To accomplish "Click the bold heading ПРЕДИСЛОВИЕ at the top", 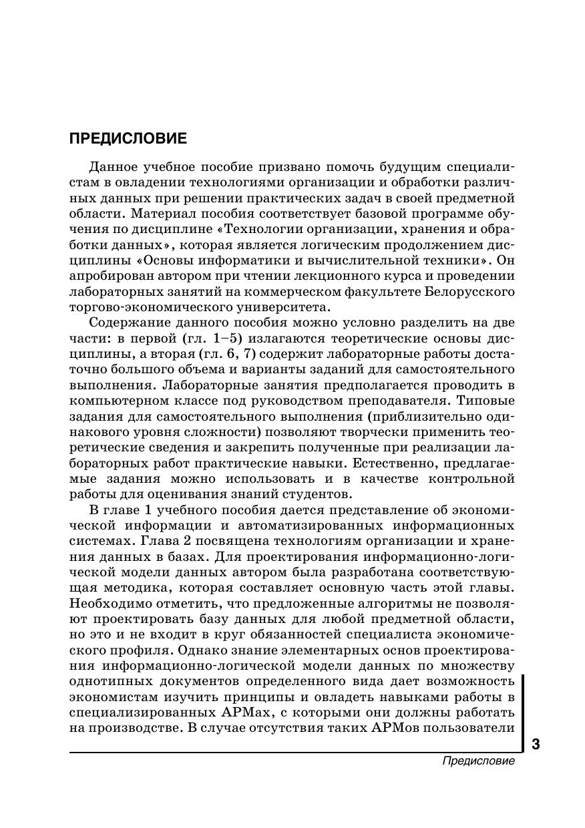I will [128, 140].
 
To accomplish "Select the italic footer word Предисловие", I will [478, 762].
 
